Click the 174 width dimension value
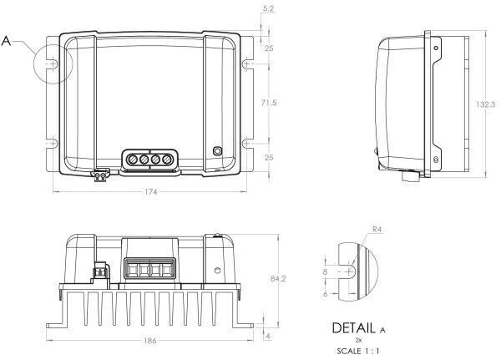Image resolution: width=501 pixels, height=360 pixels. click(151, 192)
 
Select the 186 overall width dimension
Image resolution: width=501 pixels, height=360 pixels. click(149, 341)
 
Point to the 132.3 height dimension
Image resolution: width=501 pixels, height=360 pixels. click(485, 104)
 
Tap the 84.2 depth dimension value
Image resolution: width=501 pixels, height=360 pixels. click(278, 279)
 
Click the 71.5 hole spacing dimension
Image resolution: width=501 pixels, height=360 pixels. click(269, 103)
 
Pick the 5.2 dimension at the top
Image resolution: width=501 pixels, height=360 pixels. click(268, 8)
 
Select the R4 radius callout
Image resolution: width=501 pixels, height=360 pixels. click(377, 229)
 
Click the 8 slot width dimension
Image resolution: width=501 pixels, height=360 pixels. click(326, 271)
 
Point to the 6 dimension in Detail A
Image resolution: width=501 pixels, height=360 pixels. click(326, 293)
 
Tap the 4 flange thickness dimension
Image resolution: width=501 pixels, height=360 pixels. click(268, 336)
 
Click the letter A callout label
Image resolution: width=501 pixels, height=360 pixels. click(6, 41)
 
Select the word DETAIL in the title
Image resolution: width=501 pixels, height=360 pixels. click(354, 328)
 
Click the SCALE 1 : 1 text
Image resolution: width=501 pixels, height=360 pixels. click(358, 351)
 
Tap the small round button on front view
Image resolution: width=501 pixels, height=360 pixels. click(217, 151)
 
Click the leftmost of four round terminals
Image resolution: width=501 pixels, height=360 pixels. click(132, 159)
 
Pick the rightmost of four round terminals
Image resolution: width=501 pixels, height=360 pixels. click(166, 159)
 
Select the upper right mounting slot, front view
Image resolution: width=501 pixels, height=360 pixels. click(247, 64)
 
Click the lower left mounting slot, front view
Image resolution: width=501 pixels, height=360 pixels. click(53, 144)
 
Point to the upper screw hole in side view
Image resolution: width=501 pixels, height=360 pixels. click(436, 48)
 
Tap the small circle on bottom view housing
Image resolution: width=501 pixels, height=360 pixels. click(218, 271)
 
